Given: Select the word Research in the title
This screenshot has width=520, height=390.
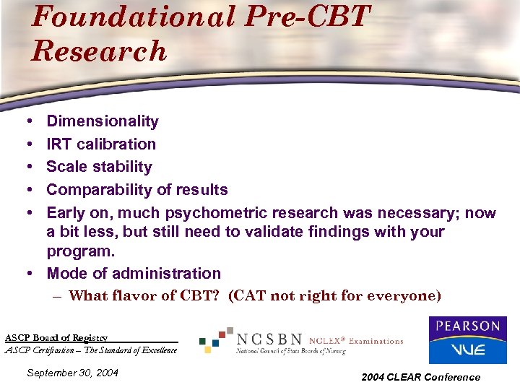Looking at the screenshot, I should (x=99, y=52).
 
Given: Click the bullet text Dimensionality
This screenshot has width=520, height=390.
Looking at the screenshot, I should (x=103, y=121).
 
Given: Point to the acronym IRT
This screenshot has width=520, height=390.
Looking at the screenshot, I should (x=59, y=144).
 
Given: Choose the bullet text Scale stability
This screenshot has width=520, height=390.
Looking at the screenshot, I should (x=99, y=167).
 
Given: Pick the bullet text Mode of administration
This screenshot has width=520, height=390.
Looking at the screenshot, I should (x=134, y=274).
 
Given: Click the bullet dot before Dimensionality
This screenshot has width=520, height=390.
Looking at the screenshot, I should (x=25, y=121).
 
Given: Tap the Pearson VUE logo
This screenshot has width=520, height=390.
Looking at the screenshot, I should (x=467, y=339).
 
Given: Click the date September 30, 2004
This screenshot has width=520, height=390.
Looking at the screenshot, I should (x=71, y=373).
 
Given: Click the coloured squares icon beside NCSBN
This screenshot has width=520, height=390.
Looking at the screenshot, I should (x=217, y=339).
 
